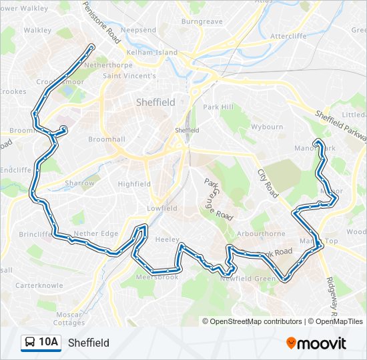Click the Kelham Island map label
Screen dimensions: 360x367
pyautogui.click(x=152, y=53)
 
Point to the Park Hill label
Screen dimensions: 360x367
pyautogui.click(x=218, y=107)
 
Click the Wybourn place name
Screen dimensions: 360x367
pyautogui.click(x=267, y=127)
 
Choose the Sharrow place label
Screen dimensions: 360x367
pyautogui.click(x=79, y=183)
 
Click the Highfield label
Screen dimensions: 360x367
pyautogui.click(x=134, y=184)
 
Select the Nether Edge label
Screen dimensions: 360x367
pyautogui.click(x=95, y=234)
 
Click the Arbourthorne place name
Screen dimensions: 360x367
pyautogui.click(x=262, y=234)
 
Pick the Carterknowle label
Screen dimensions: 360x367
pyautogui.click(x=40, y=285)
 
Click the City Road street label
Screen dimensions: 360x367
pyautogui.click(x=268, y=183)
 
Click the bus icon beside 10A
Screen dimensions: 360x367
pyautogui.click(x=30, y=343)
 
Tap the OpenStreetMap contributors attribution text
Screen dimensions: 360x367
pyautogui.click(x=256, y=321)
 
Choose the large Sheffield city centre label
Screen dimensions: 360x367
pyautogui.click(x=155, y=103)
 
